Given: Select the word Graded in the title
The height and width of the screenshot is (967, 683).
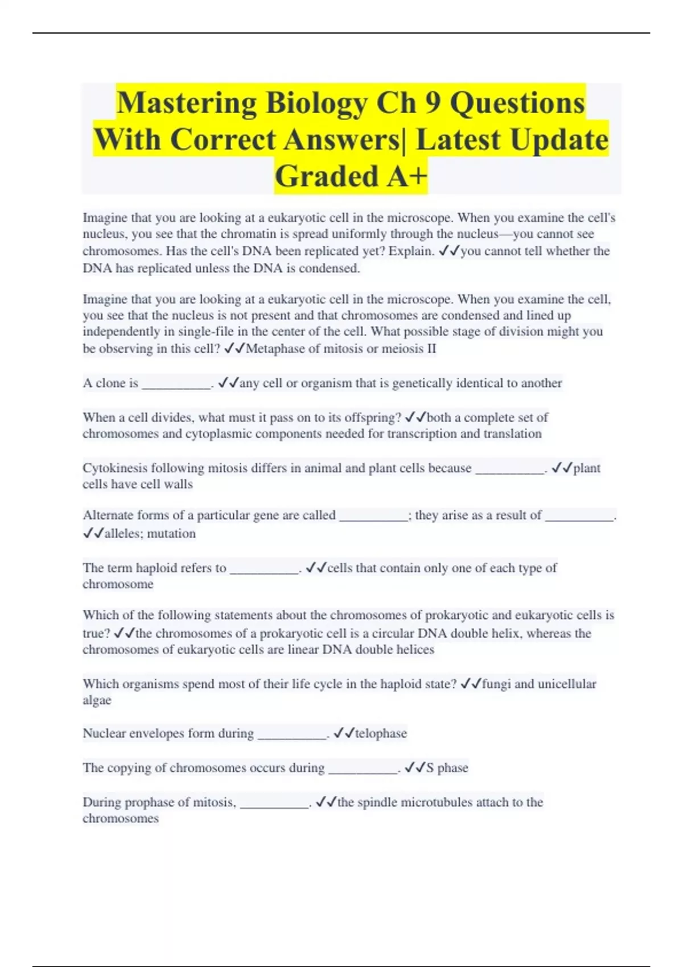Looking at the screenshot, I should click(x=326, y=176).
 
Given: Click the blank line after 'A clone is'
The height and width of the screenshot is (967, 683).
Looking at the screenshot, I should click(x=176, y=385).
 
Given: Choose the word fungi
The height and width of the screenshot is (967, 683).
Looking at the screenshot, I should click(x=496, y=684).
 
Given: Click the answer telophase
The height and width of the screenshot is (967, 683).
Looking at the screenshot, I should click(x=381, y=733).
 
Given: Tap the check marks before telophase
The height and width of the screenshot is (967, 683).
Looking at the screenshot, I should click(x=344, y=733).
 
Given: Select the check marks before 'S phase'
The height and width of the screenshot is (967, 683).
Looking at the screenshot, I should click(x=415, y=768).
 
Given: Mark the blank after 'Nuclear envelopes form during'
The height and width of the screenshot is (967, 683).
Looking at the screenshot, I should click(x=292, y=734).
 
